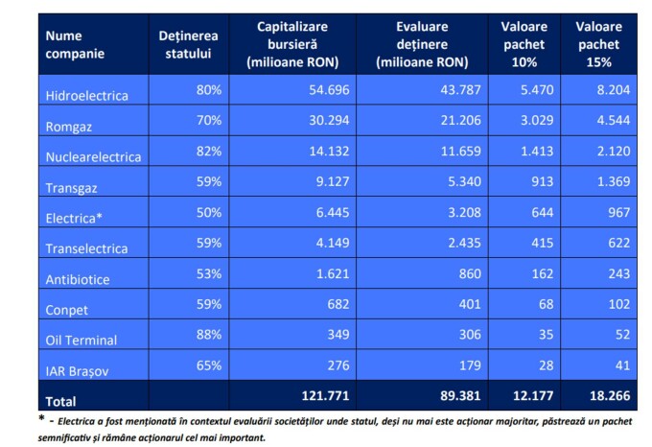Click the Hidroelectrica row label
[86, 95]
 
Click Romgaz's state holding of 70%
[208, 121]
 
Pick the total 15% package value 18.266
[617, 399]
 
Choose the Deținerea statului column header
[189, 44]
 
